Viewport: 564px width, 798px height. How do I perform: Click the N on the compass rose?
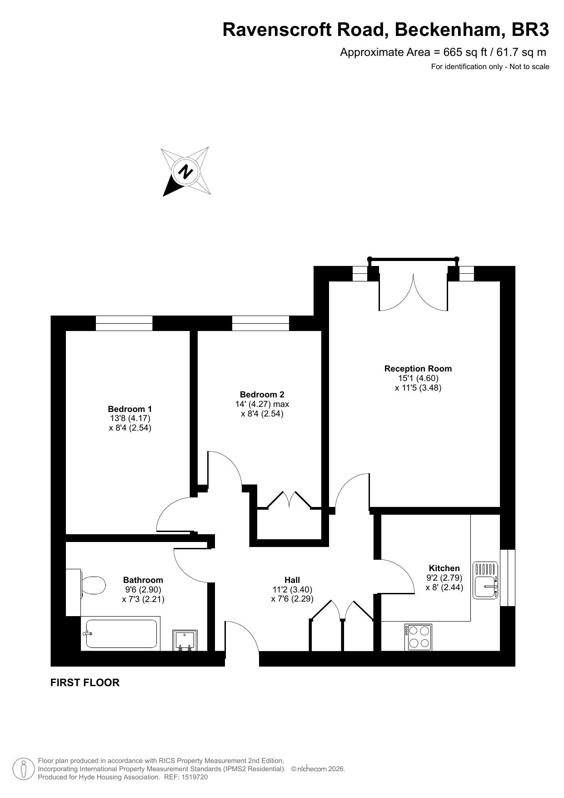[185, 172]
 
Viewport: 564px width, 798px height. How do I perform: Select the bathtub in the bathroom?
[120, 633]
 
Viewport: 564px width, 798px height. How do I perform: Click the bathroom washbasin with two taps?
[185, 640]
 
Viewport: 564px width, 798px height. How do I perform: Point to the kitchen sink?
[486, 580]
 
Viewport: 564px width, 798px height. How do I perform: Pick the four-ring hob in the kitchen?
[418, 637]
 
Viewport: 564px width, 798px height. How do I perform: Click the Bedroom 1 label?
[130, 409]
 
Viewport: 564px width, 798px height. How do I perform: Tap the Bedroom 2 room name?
[262, 394]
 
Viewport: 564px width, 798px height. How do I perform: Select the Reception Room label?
[418, 368]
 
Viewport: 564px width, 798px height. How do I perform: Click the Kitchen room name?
[444, 568]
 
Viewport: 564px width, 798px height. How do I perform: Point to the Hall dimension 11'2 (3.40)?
[292, 590]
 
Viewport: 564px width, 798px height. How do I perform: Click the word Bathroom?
[143, 580]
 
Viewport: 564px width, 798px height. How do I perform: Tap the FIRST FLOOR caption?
[85, 683]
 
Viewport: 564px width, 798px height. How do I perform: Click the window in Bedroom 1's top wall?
[124, 323]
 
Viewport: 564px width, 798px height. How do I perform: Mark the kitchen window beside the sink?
[508, 577]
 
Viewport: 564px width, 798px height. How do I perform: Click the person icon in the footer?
[24, 769]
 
